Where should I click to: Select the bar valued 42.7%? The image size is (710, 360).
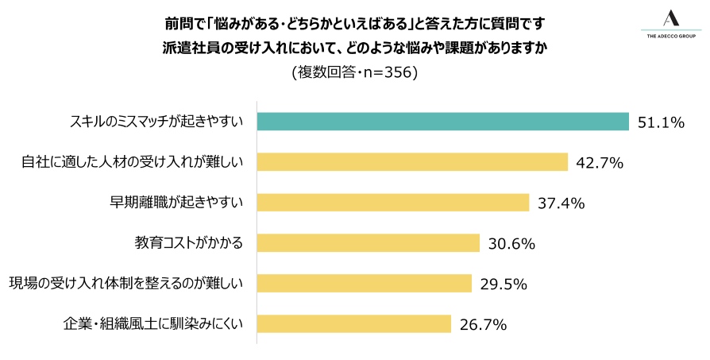pos(413,162)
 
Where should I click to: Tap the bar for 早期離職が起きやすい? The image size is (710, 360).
pos(393,203)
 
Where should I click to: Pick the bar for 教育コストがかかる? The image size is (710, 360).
pos(369,243)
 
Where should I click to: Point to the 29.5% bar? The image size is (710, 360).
pos(365,284)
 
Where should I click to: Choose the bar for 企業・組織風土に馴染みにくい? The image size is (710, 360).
pos(354,324)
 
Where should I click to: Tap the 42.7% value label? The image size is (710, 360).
pos(600,163)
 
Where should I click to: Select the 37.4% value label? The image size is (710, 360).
pos(561,203)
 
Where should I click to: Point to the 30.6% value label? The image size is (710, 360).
pos(511,244)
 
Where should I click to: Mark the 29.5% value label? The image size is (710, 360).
pos(504,285)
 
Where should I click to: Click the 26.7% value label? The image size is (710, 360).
pos(483,325)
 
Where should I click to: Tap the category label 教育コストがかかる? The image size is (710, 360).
pos(187,243)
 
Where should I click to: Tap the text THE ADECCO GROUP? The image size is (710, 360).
pos(671,36)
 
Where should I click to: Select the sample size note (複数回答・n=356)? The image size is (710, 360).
pos(354,72)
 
